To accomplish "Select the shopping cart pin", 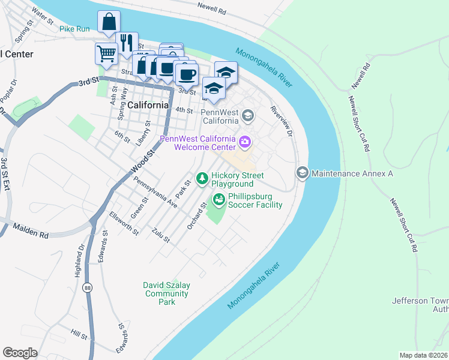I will tap(106, 53).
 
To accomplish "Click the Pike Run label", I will tap(75, 28).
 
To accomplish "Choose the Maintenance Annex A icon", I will tap(302, 173).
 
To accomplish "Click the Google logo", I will tap(20, 353).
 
